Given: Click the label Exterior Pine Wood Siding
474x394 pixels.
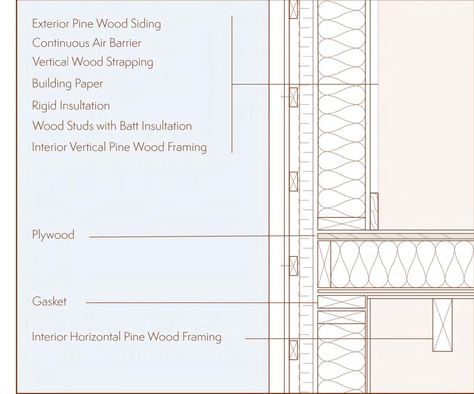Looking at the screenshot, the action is [x=96, y=24].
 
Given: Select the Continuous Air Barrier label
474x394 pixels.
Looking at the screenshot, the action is [x=86, y=43].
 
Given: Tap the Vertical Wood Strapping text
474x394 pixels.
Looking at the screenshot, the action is [x=93, y=62].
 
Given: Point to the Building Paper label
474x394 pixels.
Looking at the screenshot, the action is [x=67, y=84].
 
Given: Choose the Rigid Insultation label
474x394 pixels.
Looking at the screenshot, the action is [x=70, y=106].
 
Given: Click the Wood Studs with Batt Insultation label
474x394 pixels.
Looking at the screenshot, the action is [x=112, y=126].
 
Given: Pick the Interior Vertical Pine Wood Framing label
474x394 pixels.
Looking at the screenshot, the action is [x=119, y=147].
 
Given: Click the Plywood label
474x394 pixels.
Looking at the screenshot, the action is [x=53, y=235].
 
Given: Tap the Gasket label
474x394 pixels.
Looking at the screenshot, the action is [x=49, y=301].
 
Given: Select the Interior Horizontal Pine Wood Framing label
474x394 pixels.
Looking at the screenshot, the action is [x=126, y=337].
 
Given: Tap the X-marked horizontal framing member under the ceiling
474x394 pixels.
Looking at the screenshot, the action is [x=442, y=325].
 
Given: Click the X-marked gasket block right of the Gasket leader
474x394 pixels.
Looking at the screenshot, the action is [x=342, y=302].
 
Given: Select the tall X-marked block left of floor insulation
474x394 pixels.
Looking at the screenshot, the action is [x=324, y=264].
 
